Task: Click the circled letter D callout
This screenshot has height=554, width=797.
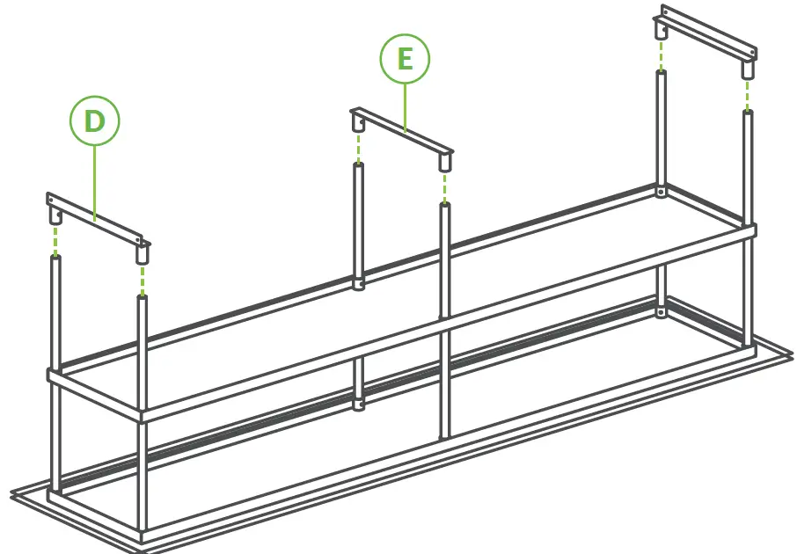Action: (94, 122)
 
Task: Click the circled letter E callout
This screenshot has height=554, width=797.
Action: (405, 60)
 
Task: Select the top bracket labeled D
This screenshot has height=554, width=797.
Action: (97, 218)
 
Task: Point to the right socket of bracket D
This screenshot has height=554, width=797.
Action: (141, 255)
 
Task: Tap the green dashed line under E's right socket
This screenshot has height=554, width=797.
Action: (444, 187)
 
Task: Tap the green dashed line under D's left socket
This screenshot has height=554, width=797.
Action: (55, 240)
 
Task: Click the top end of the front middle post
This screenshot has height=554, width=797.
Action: (444, 207)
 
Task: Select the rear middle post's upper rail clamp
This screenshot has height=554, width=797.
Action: (359, 284)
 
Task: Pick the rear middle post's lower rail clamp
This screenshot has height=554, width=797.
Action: (359, 405)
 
